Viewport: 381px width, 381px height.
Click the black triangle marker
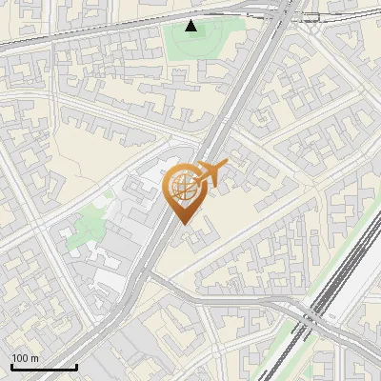click(x=192, y=26)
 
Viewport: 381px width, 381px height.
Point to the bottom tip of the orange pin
click(x=185, y=225)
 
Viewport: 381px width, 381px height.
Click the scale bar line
click(x=44, y=368)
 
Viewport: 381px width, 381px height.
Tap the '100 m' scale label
click(x=25, y=358)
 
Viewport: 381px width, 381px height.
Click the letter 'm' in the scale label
click(x=35, y=358)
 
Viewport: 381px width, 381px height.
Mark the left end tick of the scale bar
click(x=10, y=366)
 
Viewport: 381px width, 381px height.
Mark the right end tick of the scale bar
click(x=77, y=366)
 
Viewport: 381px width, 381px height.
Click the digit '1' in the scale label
click(x=14, y=358)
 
